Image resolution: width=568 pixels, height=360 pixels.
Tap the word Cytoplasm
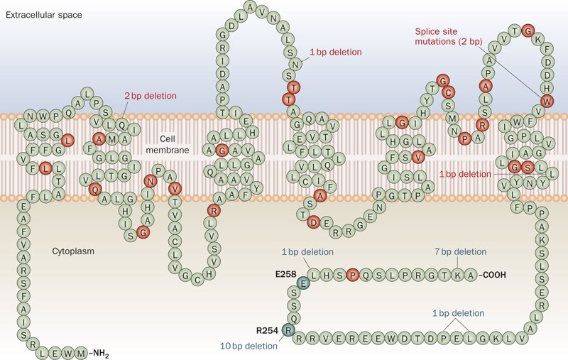[73, 251]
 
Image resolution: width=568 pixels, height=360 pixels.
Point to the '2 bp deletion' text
[151, 96]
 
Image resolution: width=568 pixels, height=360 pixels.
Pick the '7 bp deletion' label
[460, 251]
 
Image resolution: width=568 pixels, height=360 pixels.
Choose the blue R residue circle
[288, 329]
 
